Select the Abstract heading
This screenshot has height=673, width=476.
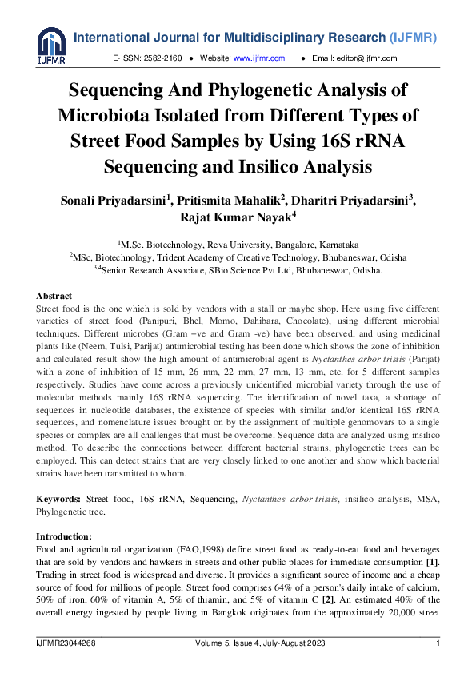tap(54, 296)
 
